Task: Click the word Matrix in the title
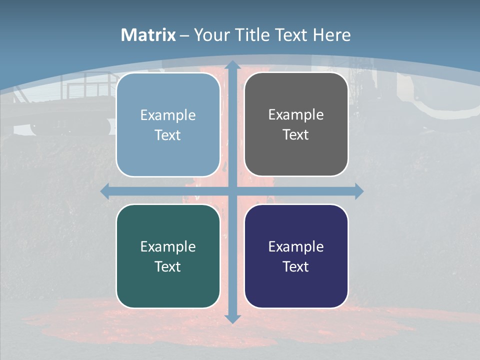[148, 35]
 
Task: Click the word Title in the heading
[255, 35]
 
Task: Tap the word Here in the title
[331, 35]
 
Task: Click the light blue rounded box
[168, 124]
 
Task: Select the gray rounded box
[296, 124]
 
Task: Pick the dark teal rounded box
[168, 256]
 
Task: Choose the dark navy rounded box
[296, 256]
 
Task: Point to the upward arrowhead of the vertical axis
[232, 65]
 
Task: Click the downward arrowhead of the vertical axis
[232, 318]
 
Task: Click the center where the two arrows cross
[232, 191]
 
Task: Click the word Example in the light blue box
[168, 115]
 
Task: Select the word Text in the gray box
[296, 135]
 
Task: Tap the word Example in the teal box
[168, 246]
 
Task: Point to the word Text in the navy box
[296, 266]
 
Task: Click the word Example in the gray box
[296, 114]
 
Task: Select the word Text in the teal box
[168, 266]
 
